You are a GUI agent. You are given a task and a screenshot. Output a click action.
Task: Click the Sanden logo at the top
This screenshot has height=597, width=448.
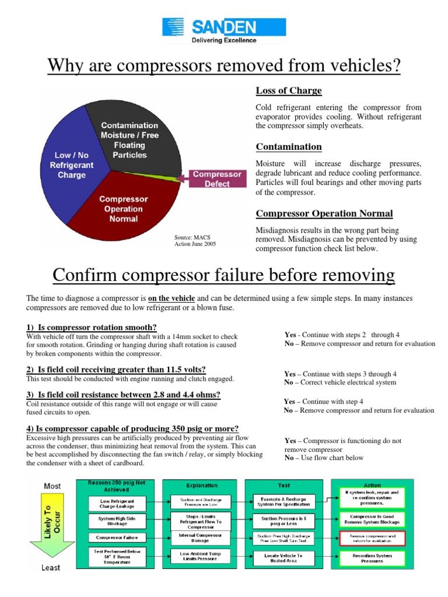(223, 31)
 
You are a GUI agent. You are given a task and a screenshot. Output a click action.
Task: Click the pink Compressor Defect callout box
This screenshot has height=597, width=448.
(217, 178)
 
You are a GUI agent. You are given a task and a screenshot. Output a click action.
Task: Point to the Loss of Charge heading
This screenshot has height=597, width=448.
(289, 91)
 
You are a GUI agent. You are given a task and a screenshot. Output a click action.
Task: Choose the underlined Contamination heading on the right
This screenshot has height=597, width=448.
(289, 147)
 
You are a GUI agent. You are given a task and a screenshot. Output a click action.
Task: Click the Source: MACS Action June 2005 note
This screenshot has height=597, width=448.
(195, 241)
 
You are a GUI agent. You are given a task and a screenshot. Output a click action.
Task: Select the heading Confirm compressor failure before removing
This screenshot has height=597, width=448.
(223, 275)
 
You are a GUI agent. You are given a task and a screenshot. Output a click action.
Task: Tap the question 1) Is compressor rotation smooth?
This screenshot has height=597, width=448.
(92, 328)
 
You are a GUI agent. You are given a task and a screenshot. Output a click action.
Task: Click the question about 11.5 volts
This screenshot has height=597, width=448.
(116, 370)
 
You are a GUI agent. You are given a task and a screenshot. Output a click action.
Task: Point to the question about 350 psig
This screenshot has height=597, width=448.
(132, 429)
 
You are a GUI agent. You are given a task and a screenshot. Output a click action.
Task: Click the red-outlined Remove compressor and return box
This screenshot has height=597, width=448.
(372, 538)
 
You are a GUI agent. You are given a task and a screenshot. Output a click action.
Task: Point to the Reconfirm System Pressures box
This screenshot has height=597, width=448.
(372, 557)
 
